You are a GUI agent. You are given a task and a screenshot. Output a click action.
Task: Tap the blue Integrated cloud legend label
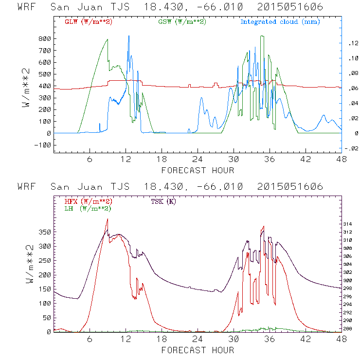[280, 22]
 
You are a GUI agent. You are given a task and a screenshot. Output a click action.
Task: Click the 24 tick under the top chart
[198, 160]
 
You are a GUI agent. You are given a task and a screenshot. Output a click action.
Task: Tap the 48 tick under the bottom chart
[342, 339]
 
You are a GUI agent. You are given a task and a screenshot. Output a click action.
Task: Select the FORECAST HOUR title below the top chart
[198, 170]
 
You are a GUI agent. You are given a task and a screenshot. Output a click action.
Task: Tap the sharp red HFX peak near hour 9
[107, 220]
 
